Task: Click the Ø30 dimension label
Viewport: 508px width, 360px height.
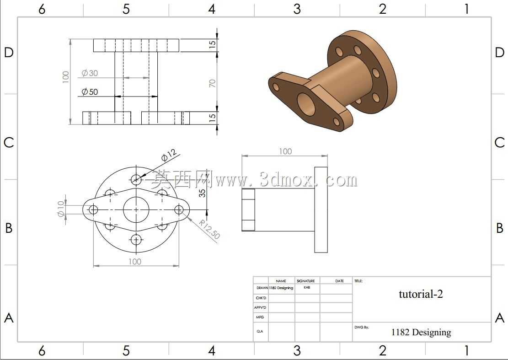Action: click(x=90, y=73)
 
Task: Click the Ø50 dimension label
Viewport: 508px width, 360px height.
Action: click(x=90, y=91)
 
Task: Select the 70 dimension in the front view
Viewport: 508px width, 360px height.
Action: click(x=212, y=83)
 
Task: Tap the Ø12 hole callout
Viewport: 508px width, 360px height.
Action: click(x=169, y=155)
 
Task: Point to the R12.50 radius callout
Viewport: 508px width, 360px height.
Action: click(x=209, y=229)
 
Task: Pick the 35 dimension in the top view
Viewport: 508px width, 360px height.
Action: click(x=202, y=193)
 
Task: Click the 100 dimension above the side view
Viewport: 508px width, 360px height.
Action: click(x=285, y=151)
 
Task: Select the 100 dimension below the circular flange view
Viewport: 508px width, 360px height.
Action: click(x=135, y=262)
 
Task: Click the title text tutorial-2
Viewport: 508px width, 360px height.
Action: click(x=421, y=294)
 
